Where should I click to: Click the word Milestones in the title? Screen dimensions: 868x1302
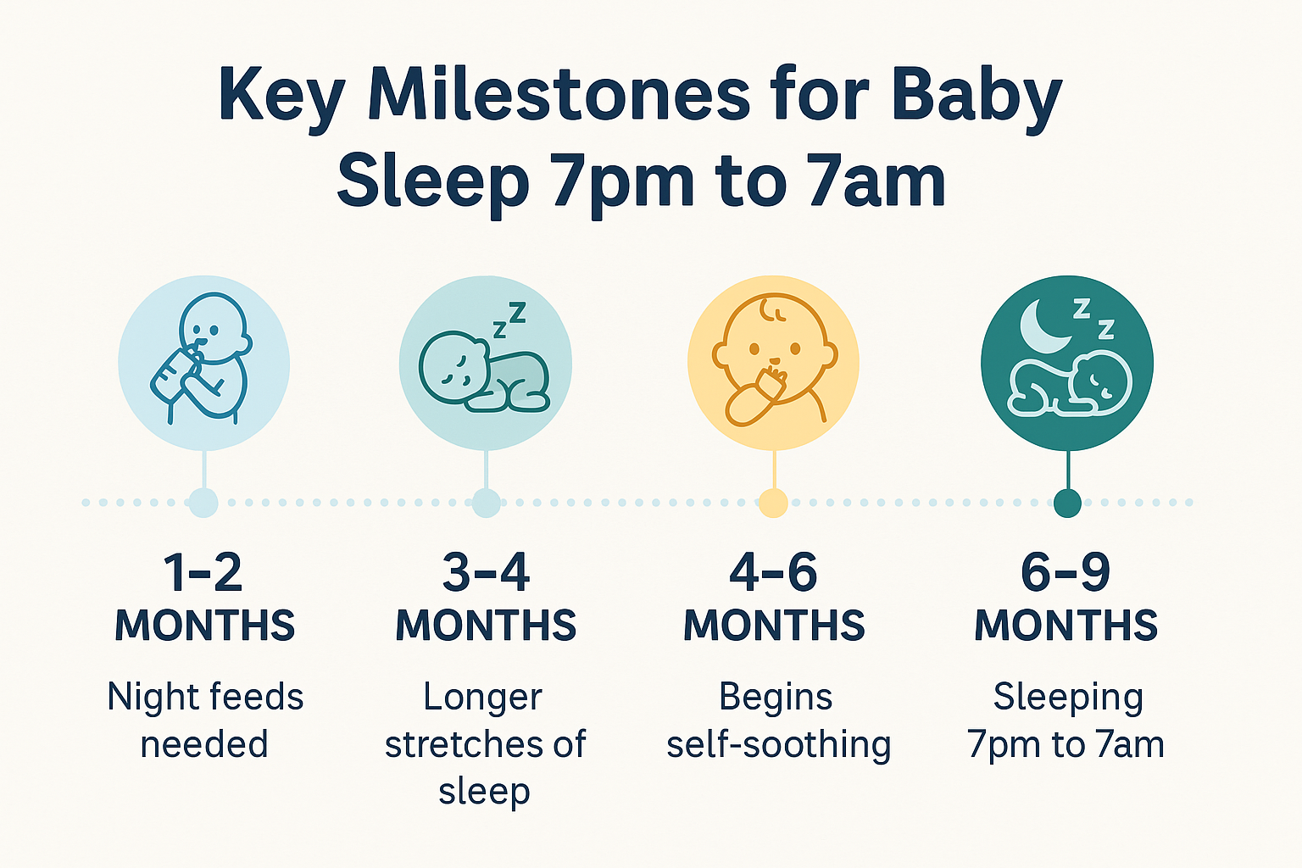pyautogui.click(x=559, y=95)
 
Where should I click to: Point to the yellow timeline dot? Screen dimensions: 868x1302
pyautogui.click(x=773, y=503)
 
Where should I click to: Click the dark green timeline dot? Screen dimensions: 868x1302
pyautogui.click(x=1067, y=503)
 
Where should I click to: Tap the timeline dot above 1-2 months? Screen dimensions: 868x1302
pyautogui.click(x=203, y=503)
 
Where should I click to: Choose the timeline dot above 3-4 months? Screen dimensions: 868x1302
pyautogui.click(x=486, y=503)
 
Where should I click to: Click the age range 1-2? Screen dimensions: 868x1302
pyautogui.click(x=203, y=573)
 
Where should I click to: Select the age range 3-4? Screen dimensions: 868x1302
pyautogui.click(x=486, y=573)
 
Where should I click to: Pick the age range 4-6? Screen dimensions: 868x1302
pyautogui.click(x=773, y=573)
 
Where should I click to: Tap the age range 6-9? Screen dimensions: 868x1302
pyautogui.click(x=1066, y=573)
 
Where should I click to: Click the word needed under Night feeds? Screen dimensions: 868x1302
pyautogui.click(x=204, y=744)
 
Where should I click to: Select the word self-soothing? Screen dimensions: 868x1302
pyautogui.click(x=778, y=744)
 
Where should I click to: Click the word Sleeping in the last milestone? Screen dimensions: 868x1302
pyautogui.click(x=1067, y=698)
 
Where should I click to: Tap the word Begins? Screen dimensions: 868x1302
pyautogui.click(x=776, y=697)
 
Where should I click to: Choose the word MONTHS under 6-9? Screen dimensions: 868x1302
pyautogui.click(x=1066, y=626)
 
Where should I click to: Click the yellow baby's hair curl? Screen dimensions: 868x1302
pyautogui.click(x=772, y=310)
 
